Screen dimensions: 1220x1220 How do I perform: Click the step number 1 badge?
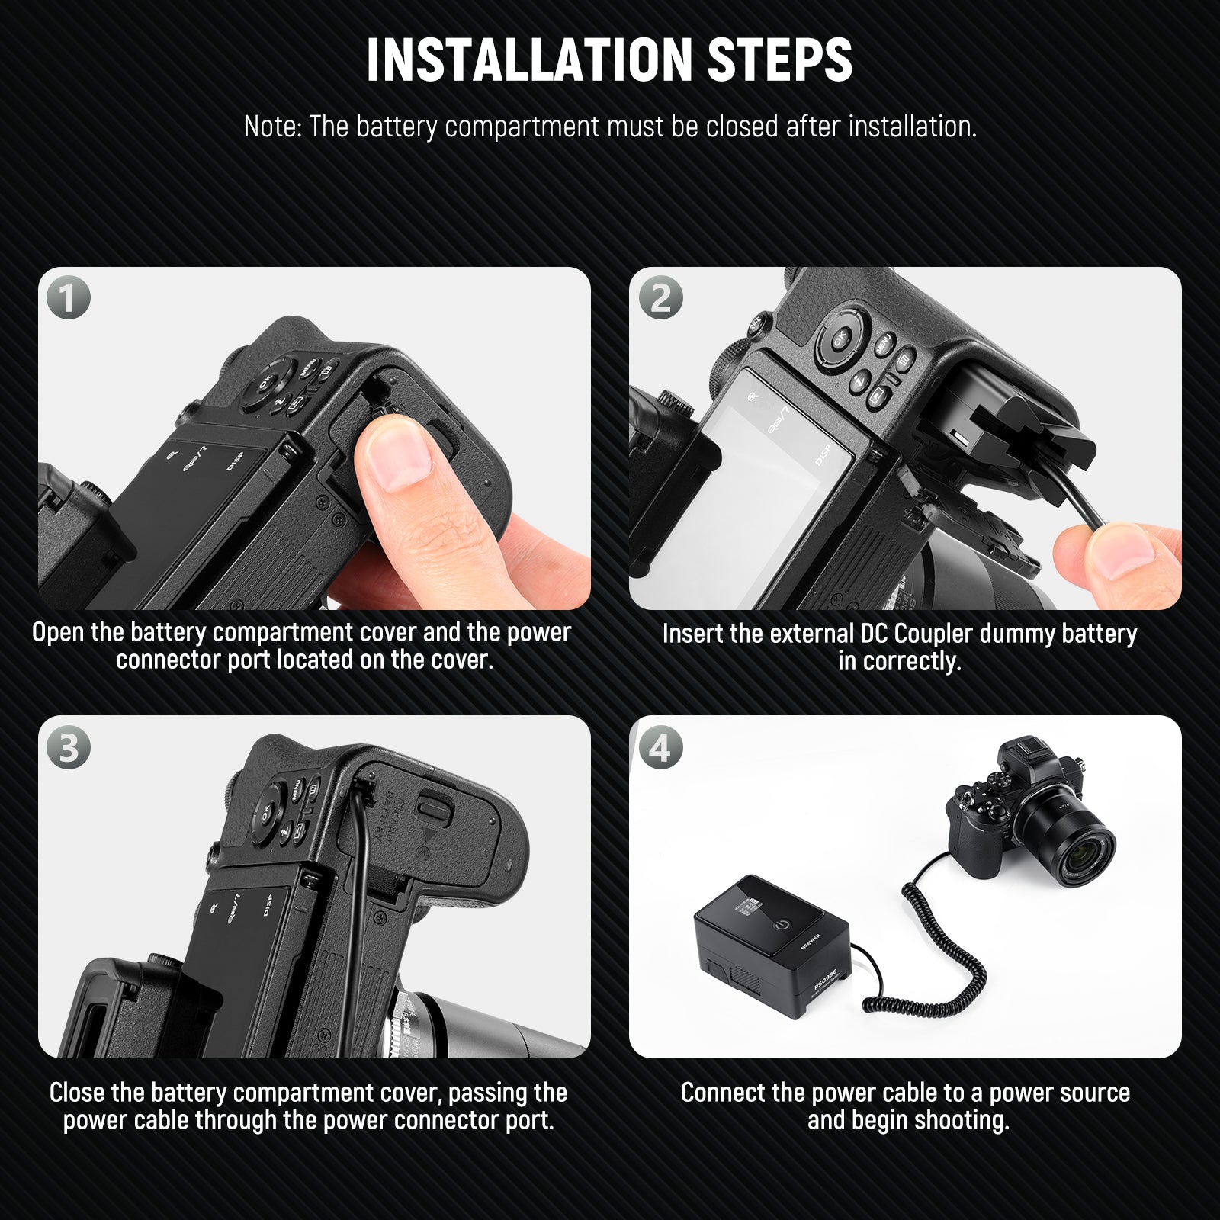pyautogui.click(x=68, y=297)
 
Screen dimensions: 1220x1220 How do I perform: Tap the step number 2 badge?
pyautogui.click(x=660, y=297)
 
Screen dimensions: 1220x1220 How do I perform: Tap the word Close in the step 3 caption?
pyautogui.click(x=77, y=1093)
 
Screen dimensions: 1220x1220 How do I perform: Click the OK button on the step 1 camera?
pyautogui.click(x=265, y=384)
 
